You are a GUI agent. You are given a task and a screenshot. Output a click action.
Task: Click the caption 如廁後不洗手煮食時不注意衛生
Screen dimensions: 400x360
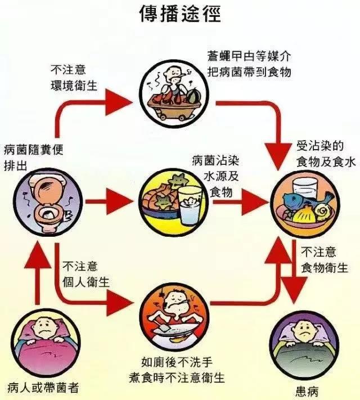[178, 366]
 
